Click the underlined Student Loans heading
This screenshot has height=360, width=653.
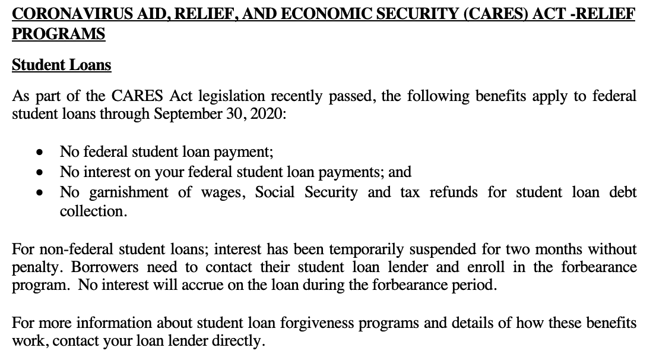click(x=61, y=65)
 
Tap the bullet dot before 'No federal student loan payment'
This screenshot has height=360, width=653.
click(x=39, y=153)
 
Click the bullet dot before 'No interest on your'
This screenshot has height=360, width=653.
click(x=39, y=173)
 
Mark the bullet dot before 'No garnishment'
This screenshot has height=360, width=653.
click(x=39, y=193)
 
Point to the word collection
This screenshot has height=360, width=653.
click(x=93, y=211)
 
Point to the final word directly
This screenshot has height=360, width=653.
click(x=238, y=342)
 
